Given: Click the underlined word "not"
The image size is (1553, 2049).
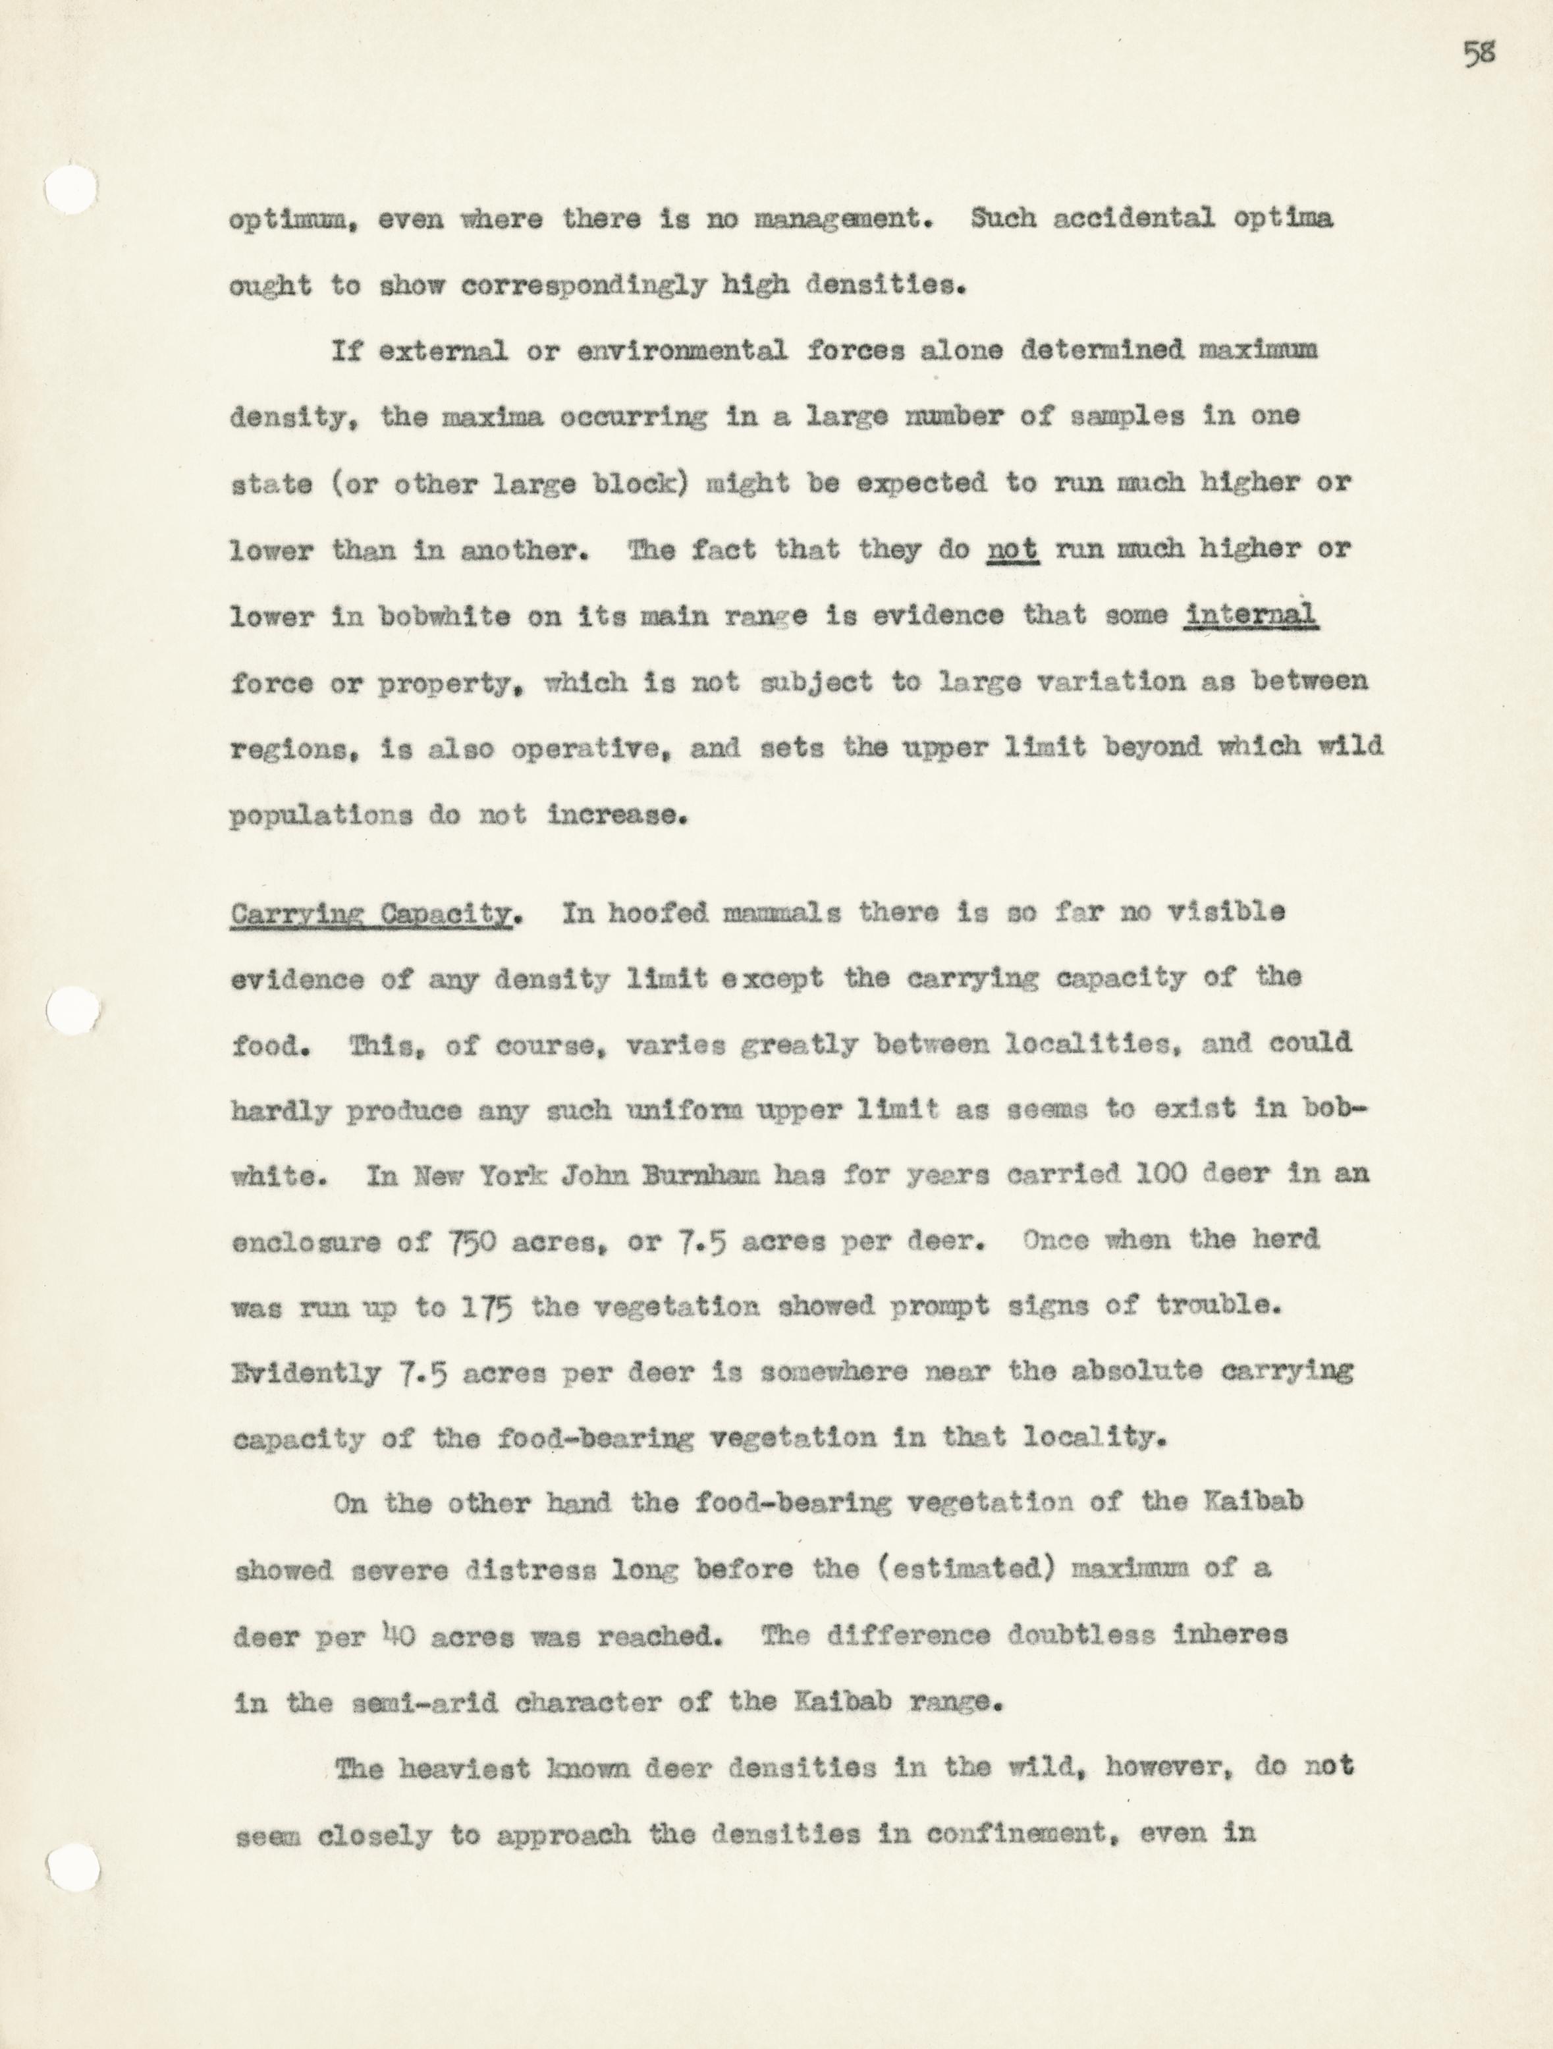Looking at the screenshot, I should tap(1012, 550).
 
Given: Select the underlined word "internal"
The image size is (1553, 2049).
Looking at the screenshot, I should tap(1251, 615).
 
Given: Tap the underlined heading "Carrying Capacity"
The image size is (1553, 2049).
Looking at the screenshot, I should tap(370, 914).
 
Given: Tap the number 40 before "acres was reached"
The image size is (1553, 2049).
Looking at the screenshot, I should tap(397, 1637).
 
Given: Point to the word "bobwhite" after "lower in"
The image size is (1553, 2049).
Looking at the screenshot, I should tap(445, 617).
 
